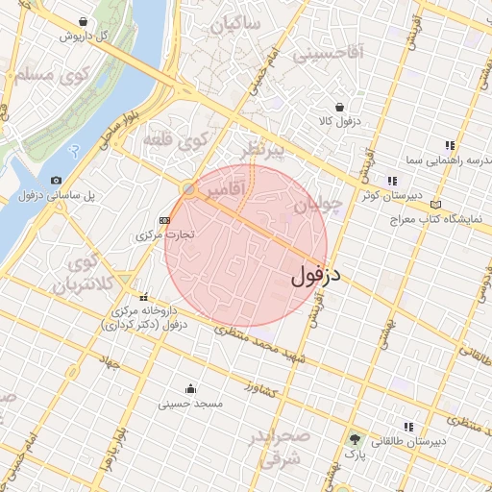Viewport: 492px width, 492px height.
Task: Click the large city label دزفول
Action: [x=316, y=277]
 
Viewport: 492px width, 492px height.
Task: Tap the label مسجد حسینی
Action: [x=190, y=405]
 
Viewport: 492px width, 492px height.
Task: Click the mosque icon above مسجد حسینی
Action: [x=190, y=389]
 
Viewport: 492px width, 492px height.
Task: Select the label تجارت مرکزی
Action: [x=165, y=234]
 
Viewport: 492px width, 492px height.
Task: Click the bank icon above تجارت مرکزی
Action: [x=165, y=219]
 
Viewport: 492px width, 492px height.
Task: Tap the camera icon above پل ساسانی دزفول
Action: [x=56, y=180]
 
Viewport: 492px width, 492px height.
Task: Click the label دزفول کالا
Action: [x=338, y=122]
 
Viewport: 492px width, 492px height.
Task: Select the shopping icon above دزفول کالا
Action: [x=338, y=107]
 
